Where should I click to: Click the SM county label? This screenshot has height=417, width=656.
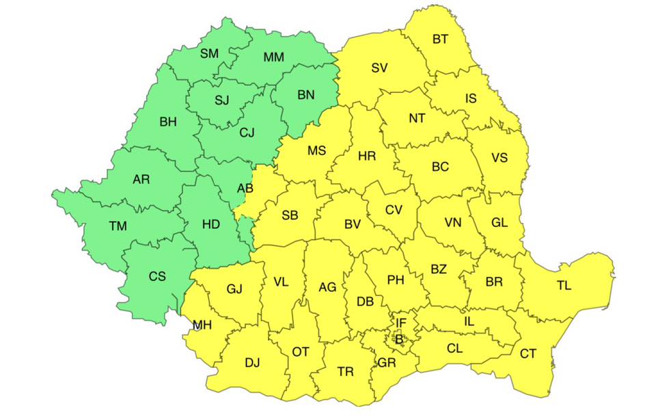[209, 53]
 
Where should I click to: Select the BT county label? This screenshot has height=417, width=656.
[441, 39]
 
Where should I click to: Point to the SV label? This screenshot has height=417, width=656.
[379, 68]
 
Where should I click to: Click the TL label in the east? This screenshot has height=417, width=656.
[564, 286]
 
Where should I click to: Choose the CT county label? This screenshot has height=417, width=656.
[528, 353]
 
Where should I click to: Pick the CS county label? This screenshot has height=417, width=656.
[157, 277]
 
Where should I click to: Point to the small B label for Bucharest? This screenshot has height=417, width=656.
[399, 337]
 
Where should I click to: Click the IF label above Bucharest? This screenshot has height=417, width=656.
[401, 322]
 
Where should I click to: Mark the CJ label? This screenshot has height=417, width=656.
[247, 133]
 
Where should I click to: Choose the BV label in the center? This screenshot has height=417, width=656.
[352, 224]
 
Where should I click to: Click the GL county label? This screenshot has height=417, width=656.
[500, 222]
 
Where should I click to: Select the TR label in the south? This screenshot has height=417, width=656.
[346, 372]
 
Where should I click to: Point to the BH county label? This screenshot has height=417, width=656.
[168, 122]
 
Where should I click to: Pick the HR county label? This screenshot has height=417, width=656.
[367, 157]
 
